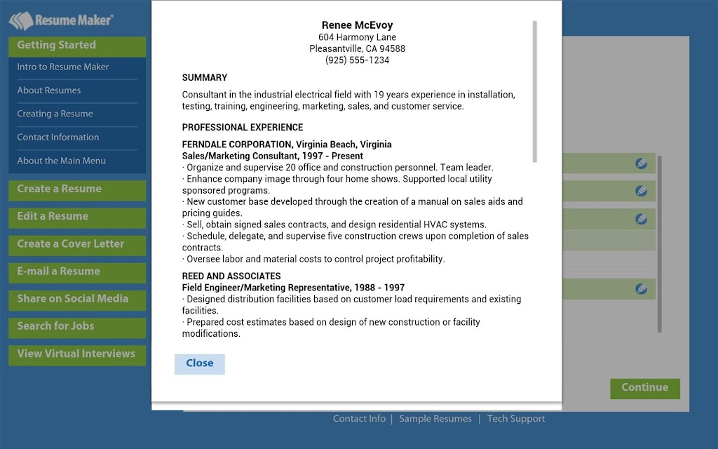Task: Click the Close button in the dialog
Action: coord(200,363)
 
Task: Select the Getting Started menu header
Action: coord(77,46)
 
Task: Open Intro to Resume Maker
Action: coord(63,67)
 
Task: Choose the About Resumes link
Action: coord(49,91)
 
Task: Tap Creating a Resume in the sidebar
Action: coord(55,114)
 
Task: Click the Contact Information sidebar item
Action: coord(58,138)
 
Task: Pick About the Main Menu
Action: coord(62,161)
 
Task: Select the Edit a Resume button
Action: coord(77,217)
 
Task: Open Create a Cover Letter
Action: coord(77,244)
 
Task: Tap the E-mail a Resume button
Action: coord(77,272)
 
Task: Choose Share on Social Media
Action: coord(77,299)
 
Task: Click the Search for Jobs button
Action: coord(77,326)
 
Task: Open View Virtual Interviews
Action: coord(77,354)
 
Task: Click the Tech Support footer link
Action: coord(516,419)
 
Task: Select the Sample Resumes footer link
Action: coord(435,419)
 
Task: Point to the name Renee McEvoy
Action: coord(357,25)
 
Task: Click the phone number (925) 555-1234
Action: coord(357,60)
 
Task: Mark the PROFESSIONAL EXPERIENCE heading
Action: coord(243,128)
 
